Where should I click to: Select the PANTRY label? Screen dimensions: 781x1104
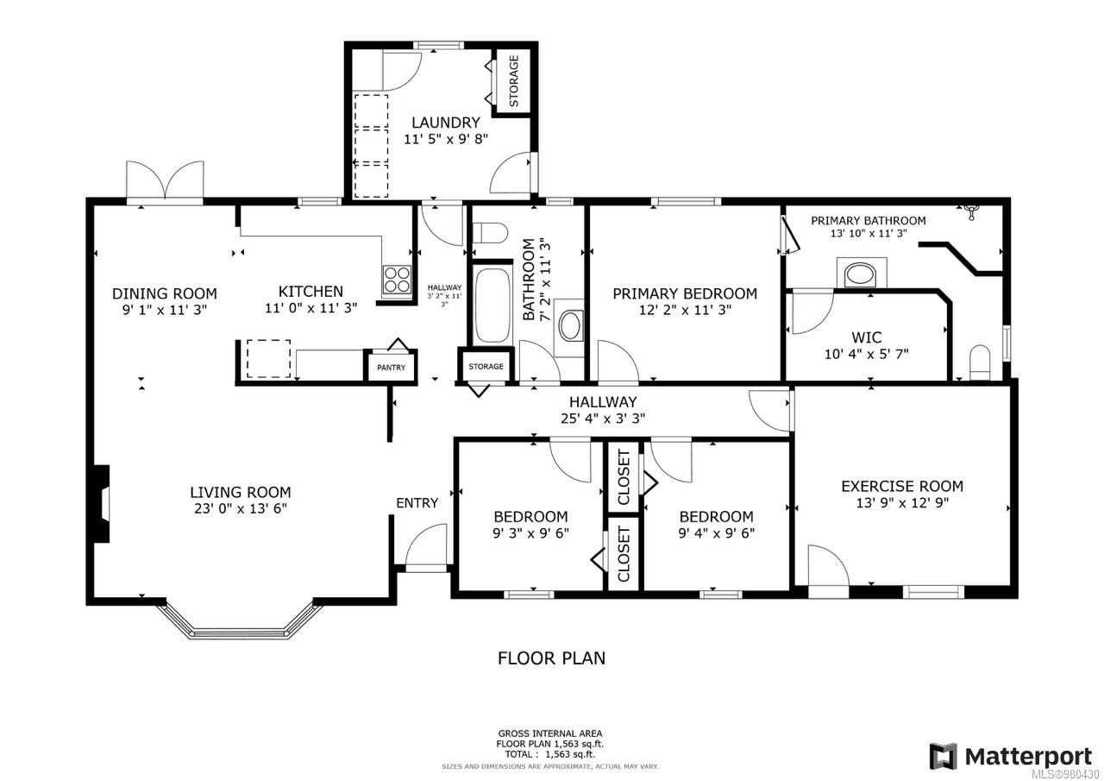(x=390, y=368)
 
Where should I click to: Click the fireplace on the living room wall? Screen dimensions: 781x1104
(x=103, y=504)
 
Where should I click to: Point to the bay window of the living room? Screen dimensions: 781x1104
(x=241, y=621)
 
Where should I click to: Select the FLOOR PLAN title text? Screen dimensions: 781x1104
(x=551, y=658)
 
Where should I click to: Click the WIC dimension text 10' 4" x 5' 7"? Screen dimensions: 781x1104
(x=865, y=353)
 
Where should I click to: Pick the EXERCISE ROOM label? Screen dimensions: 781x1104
(x=901, y=486)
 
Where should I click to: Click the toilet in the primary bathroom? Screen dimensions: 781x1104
(x=980, y=362)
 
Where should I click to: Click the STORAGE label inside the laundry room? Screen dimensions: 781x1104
(x=514, y=81)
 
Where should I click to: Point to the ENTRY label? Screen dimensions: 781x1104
(x=417, y=503)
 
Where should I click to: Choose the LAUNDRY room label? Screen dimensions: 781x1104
(x=445, y=123)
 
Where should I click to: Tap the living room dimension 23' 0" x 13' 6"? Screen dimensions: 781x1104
(x=240, y=508)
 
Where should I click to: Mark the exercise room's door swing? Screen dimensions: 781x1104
(x=825, y=565)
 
